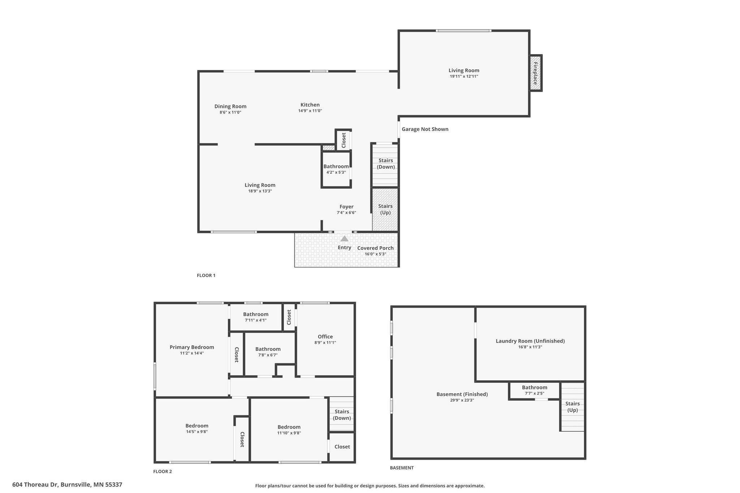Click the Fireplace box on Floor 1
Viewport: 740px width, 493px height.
pos(535,73)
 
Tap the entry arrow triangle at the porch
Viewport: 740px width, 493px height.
pos(344,238)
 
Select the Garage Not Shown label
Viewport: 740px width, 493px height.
pos(425,129)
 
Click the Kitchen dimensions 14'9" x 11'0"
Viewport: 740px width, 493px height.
pos(310,111)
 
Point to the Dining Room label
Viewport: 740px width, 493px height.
pos(230,106)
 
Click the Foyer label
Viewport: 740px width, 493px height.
pos(346,207)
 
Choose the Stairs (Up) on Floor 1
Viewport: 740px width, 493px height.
pos(385,209)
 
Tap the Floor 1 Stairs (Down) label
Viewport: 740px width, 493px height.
pos(386,164)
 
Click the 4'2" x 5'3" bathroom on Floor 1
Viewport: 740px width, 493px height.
pos(336,169)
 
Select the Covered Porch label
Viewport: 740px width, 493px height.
pos(375,248)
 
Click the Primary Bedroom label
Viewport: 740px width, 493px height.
pos(192,347)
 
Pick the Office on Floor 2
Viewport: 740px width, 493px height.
pos(325,337)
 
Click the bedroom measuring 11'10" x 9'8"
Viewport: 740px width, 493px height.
pos(289,430)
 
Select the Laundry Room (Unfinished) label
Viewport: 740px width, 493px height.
pos(530,341)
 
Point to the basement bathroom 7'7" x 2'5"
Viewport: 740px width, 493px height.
pos(534,390)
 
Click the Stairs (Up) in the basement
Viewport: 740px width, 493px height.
pos(572,407)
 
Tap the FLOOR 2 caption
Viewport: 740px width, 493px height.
pos(163,471)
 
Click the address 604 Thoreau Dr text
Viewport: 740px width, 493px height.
pos(67,485)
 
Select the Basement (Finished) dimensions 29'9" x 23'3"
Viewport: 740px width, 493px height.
pos(462,400)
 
